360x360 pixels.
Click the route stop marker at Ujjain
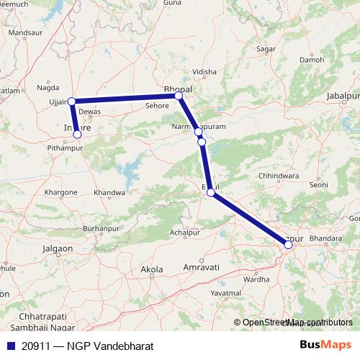pos(71,102)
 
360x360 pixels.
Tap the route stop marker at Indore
pos(77,134)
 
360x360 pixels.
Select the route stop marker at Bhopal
pos(179,95)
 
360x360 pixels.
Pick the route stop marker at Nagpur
pos(288,245)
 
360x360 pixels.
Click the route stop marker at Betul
pos(210,192)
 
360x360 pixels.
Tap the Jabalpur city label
pos(342,95)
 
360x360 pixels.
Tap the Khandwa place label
pos(109,193)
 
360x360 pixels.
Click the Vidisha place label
pos(204,73)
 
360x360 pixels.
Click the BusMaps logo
pos(325,345)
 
